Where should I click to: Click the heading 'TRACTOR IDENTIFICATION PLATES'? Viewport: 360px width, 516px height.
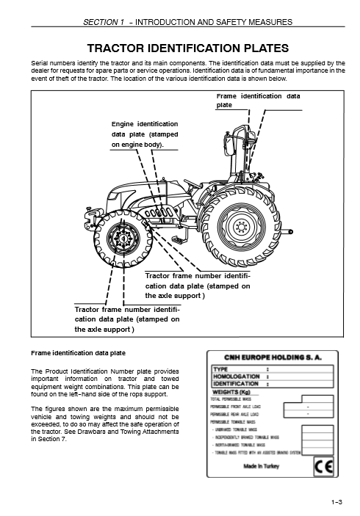coord(180,48)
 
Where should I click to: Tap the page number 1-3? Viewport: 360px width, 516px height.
coord(337,502)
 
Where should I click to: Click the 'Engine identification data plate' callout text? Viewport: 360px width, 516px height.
coord(144,134)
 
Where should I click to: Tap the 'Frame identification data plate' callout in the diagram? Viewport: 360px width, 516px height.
coord(259,101)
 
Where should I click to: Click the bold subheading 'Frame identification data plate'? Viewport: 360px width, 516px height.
coord(77,352)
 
